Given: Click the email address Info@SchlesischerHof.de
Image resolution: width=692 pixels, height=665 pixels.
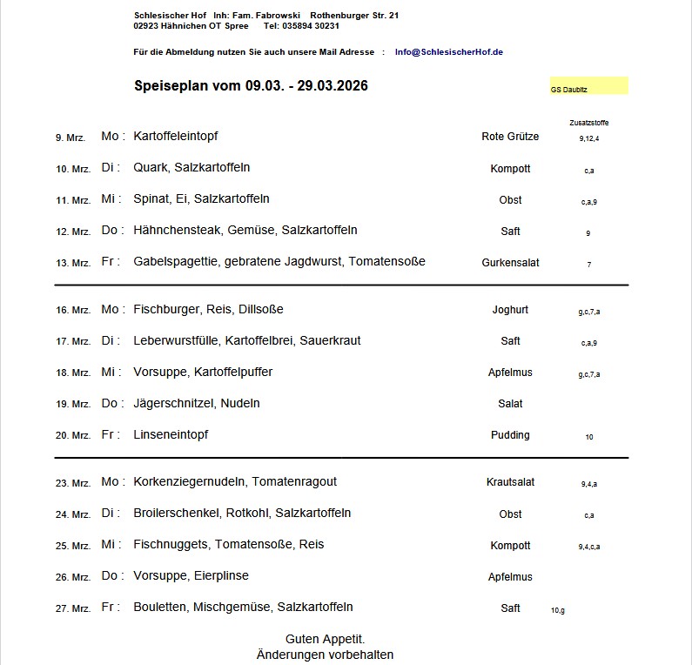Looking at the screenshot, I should click(x=448, y=52).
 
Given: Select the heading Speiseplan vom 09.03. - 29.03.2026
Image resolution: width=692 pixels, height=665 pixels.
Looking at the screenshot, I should click(x=251, y=85).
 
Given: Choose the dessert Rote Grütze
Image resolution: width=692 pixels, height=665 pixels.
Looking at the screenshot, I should click(x=510, y=137).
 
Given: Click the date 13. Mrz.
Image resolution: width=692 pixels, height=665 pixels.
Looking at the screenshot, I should click(x=73, y=263).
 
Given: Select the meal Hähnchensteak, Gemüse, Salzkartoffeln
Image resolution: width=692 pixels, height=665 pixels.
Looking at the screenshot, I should click(x=245, y=231).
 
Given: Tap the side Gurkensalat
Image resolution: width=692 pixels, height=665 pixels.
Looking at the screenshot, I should click(x=510, y=263).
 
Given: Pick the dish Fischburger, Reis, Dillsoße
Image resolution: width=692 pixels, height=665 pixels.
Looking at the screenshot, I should click(x=208, y=310).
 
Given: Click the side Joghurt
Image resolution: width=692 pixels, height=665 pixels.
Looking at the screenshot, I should click(x=510, y=310).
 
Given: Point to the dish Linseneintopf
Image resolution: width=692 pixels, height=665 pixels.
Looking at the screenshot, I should click(x=171, y=435).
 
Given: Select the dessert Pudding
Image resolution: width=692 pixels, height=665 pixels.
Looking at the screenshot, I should click(x=510, y=435).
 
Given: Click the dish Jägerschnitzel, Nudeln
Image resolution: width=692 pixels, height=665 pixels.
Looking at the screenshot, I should click(x=197, y=404).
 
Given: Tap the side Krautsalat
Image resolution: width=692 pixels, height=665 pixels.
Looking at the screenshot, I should click(x=510, y=482).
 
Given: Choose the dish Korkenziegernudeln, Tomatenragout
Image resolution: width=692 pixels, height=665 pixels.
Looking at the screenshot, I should click(x=235, y=482).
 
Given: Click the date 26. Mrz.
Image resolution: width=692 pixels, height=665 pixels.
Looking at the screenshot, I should click(x=73, y=577).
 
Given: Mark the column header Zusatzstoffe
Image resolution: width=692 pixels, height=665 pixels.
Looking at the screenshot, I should click(x=589, y=123).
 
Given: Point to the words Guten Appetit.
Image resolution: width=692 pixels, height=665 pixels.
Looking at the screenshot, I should click(x=325, y=639).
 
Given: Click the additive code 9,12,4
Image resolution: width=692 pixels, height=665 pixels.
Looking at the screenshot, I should click(x=589, y=138).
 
